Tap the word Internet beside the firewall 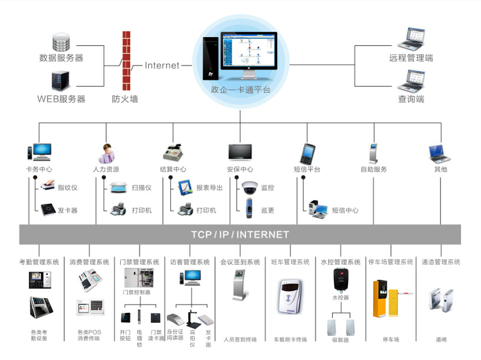[162, 65]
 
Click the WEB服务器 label [61, 99]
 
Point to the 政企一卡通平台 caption [240, 90]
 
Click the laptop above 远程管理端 [411, 39]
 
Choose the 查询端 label [411, 99]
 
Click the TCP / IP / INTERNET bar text [240, 235]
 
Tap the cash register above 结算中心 [173, 153]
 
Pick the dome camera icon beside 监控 [250, 187]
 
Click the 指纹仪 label [68, 187]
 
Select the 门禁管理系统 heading [140, 262]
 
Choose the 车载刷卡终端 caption [290, 339]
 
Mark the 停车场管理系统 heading [390, 262]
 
